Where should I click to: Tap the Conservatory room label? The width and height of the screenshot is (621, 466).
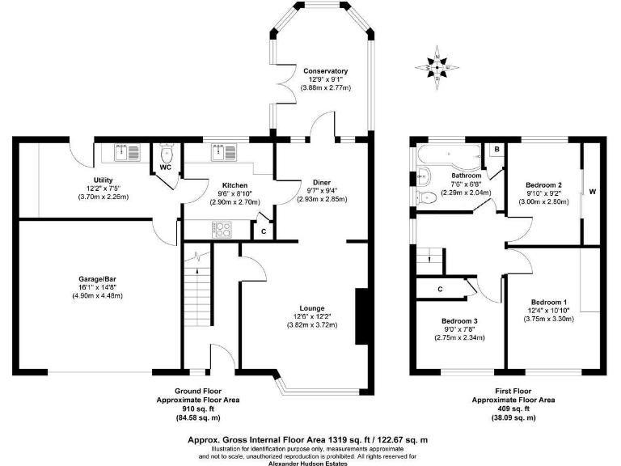pyautogui.click(x=325, y=71)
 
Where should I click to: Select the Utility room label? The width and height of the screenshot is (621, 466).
pyautogui.click(x=103, y=180)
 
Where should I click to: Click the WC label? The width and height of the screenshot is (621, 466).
pyautogui.click(x=165, y=167)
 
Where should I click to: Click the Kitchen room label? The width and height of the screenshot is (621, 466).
pyautogui.click(x=234, y=184)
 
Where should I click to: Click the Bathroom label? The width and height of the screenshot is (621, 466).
pyautogui.click(x=466, y=176)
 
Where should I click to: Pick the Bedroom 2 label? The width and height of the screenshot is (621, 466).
pyautogui.click(x=543, y=185)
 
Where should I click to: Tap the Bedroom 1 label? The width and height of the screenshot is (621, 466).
pyautogui.click(x=543, y=302)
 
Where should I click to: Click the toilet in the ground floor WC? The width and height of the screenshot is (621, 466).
pyautogui.click(x=167, y=153)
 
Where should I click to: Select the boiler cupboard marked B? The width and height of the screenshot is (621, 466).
pyautogui.click(x=496, y=150)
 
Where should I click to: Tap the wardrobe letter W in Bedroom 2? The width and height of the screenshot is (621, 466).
pyautogui.click(x=592, y=192)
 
